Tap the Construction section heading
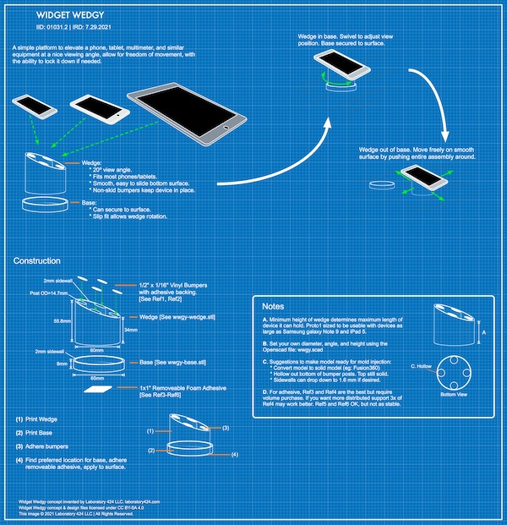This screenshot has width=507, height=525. point(37,261)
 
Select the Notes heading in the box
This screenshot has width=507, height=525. point(274,305)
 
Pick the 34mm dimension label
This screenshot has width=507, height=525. point(131,328)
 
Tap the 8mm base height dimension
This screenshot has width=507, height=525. point(62,364)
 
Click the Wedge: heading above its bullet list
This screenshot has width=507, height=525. point(92,161)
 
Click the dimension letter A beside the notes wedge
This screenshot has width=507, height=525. point(483,332)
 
